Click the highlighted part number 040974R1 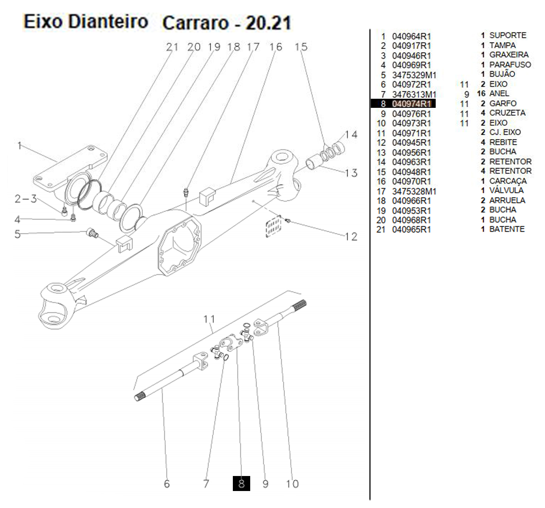click(x=411, y=104)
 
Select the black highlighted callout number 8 click(x=241, y=483)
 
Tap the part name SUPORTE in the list click(x=508, y=36)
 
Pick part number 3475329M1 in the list click(x=414, y=75)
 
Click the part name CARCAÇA click(x=508, y=181)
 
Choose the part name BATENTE click(x=507, y=229)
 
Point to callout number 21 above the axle click(x=172, y=47)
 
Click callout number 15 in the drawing click(x=301, y=47)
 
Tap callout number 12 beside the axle click(x=351, y=237)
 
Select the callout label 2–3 click(x=26, y=199)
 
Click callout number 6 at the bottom click(x=167, y=484)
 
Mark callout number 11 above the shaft click(x=209, y=319)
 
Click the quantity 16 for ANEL click(x=481, y=94)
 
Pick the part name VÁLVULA click(x=506, y=190)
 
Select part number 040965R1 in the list click(x=411, y=230)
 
